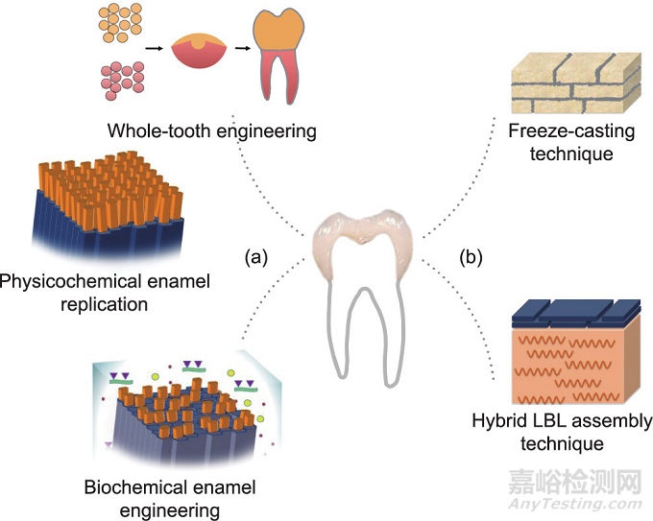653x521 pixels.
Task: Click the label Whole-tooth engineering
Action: [211, 130]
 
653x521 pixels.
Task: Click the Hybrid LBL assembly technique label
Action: [562, 432]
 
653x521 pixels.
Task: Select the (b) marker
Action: [470, 258]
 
